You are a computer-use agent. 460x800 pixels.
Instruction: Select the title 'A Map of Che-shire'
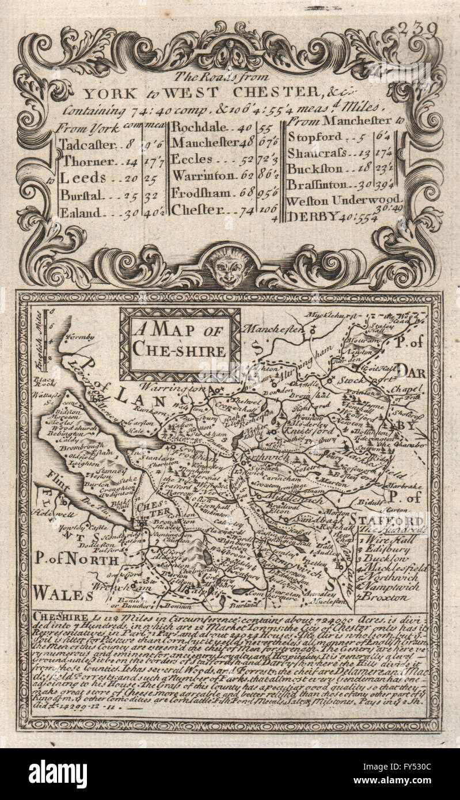coord(179,340)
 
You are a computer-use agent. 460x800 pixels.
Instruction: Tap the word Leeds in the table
coord(83,177)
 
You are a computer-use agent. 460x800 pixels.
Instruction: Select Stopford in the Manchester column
coord(314,137)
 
